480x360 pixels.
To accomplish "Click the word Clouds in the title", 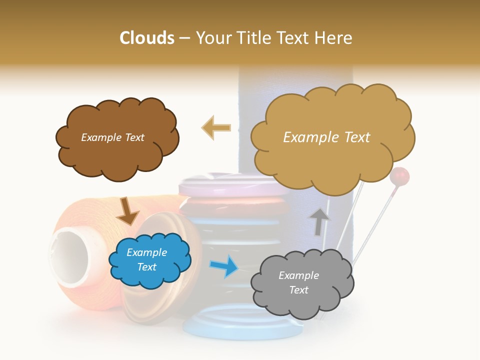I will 147,38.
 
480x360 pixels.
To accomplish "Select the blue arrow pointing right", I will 223,265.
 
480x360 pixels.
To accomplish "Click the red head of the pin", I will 399,176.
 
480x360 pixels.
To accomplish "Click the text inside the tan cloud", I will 326,137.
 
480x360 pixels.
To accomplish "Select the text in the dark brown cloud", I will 112,137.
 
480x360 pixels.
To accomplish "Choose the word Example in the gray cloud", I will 298,275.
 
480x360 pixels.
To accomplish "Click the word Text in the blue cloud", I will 147,267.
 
